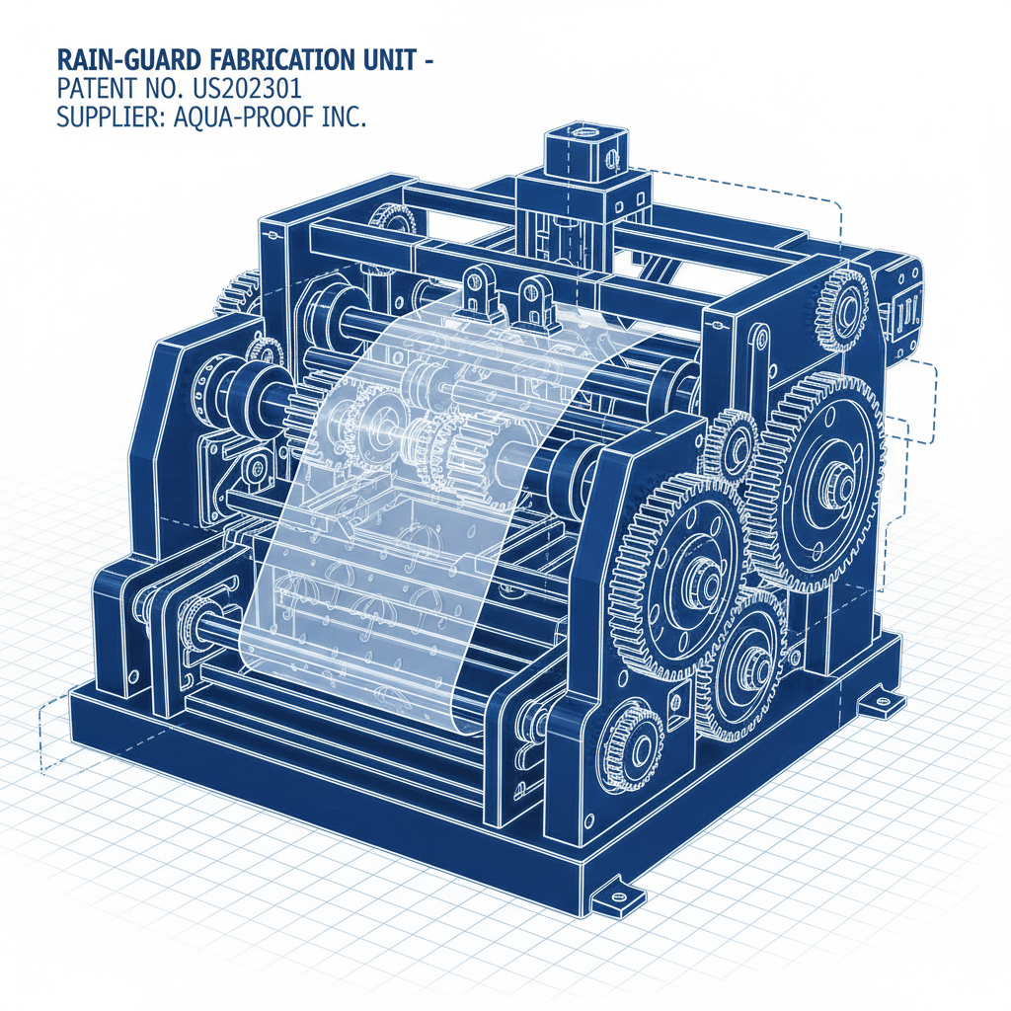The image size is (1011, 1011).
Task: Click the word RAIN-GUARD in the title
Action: (x=129, y=60)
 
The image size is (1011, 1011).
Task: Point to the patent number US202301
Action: (x=247, y=89)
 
